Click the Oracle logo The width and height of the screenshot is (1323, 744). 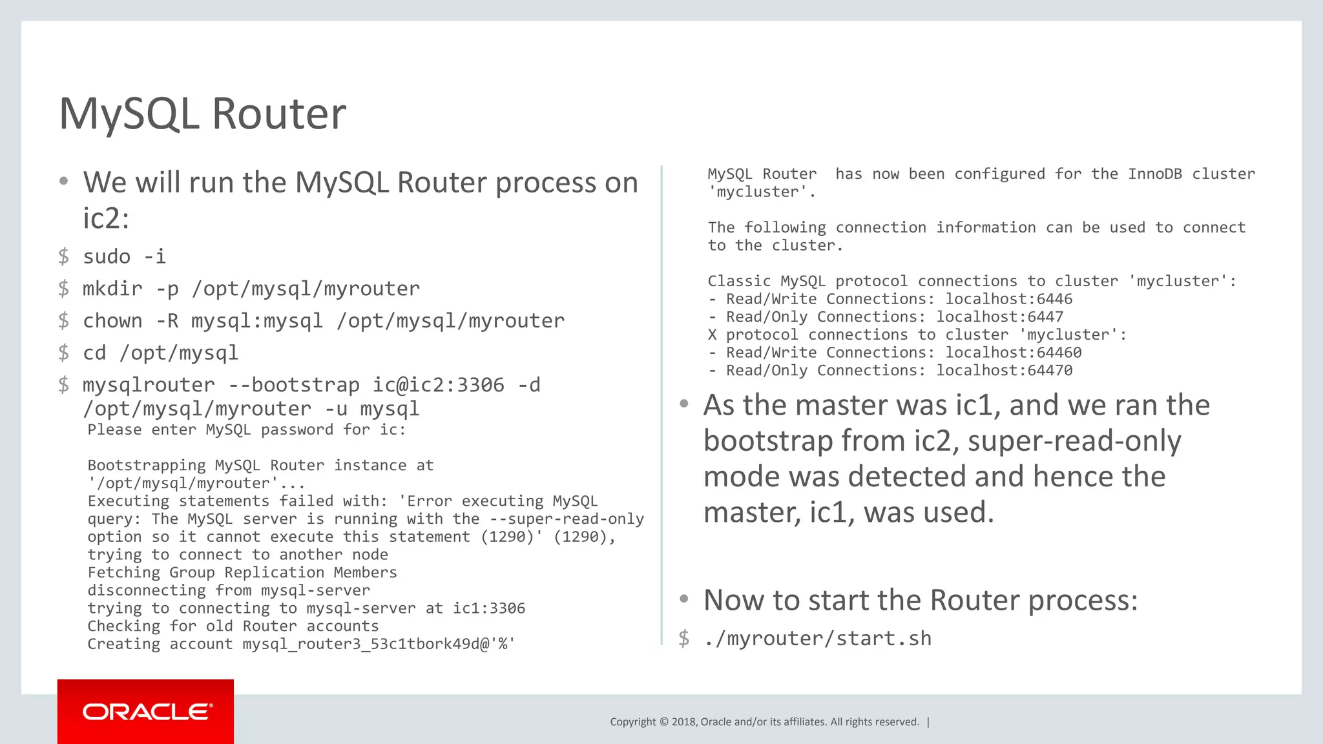(146, 712)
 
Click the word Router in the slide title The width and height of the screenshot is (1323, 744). (278, 114)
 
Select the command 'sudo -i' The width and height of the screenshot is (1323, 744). (124, 256)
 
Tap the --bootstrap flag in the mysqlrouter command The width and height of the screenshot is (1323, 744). (294, 385)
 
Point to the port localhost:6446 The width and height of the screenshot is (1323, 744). (1008, 299)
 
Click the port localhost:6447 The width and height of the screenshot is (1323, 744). (999, 317)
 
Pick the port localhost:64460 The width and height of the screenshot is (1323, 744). (1013, 353)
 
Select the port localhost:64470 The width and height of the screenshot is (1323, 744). (1004, 371)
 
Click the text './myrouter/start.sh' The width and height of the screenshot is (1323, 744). (817, 639)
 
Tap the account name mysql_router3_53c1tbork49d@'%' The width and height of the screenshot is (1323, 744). (379, 644)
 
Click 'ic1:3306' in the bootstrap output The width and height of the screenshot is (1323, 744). (489, 608)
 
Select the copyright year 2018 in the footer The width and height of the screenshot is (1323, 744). (683, 722)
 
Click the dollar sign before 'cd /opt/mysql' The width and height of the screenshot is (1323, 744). (63, 353)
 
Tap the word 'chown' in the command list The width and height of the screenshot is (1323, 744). (112, 321)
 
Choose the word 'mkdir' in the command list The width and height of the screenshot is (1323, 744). (112, 289)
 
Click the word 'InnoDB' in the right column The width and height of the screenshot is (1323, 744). (1154, 174)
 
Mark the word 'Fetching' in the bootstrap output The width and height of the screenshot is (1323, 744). (123, 573)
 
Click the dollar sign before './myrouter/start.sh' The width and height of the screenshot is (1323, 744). (684, 639)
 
